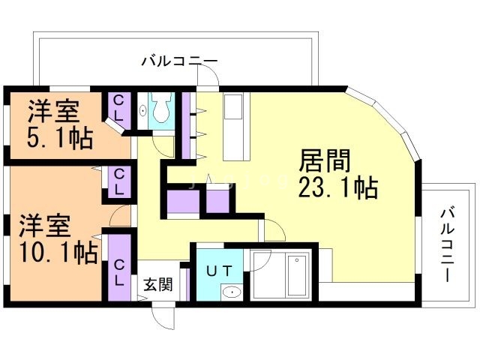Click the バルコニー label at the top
[x=180, y=61]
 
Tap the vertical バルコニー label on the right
[x=447, y=244]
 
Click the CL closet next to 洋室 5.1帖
[x=119, y=109]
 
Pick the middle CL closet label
[x=119, y=182]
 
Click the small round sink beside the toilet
[x=143, y=111]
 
